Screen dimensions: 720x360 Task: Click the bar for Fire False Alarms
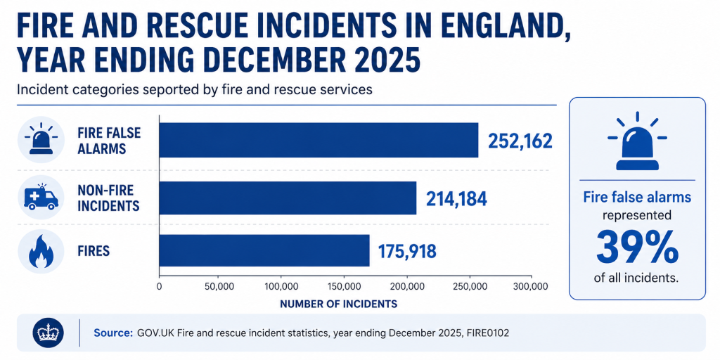pyautogui.click(x=319, y=140)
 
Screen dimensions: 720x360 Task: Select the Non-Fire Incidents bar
pyautogui.click(x=288, y=198)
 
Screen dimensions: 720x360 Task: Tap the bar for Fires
pyautogui.click(x=264, y=250)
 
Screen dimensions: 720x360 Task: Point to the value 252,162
pyautogui.click(x=520, y=141)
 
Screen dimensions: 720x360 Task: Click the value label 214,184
pyautogui.click(x=456, y=199)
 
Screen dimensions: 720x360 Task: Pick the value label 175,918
pyautogui.click(x=407, y=251)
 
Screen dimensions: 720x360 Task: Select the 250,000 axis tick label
pyautogui.click(x=469, y=287)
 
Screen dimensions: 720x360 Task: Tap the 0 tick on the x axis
pyautogui.click(x=160, y=287)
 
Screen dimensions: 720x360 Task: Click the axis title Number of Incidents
pyautogui.click(x=338, y=304)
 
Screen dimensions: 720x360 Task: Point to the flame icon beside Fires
pyautogui.click(x=41, y=252)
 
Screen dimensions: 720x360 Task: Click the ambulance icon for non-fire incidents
pyautogui.click(x=41, y=198)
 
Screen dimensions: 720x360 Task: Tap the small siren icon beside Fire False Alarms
pyautogui.click(x=41, y=138)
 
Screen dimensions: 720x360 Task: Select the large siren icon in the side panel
pyautogui.click(x=637, y=141)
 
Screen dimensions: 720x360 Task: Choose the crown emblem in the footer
pyautogui.click(x=49, y=333)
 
